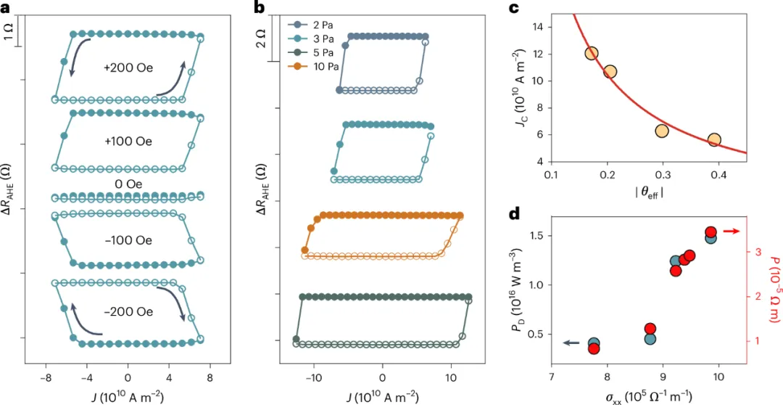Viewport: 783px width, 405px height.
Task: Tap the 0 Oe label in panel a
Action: click(127, 184)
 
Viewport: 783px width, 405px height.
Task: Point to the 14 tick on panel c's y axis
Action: click(538, 27)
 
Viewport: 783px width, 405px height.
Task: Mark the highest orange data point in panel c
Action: click(591, 54)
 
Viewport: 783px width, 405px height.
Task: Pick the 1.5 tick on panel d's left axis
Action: click(534, 237)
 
